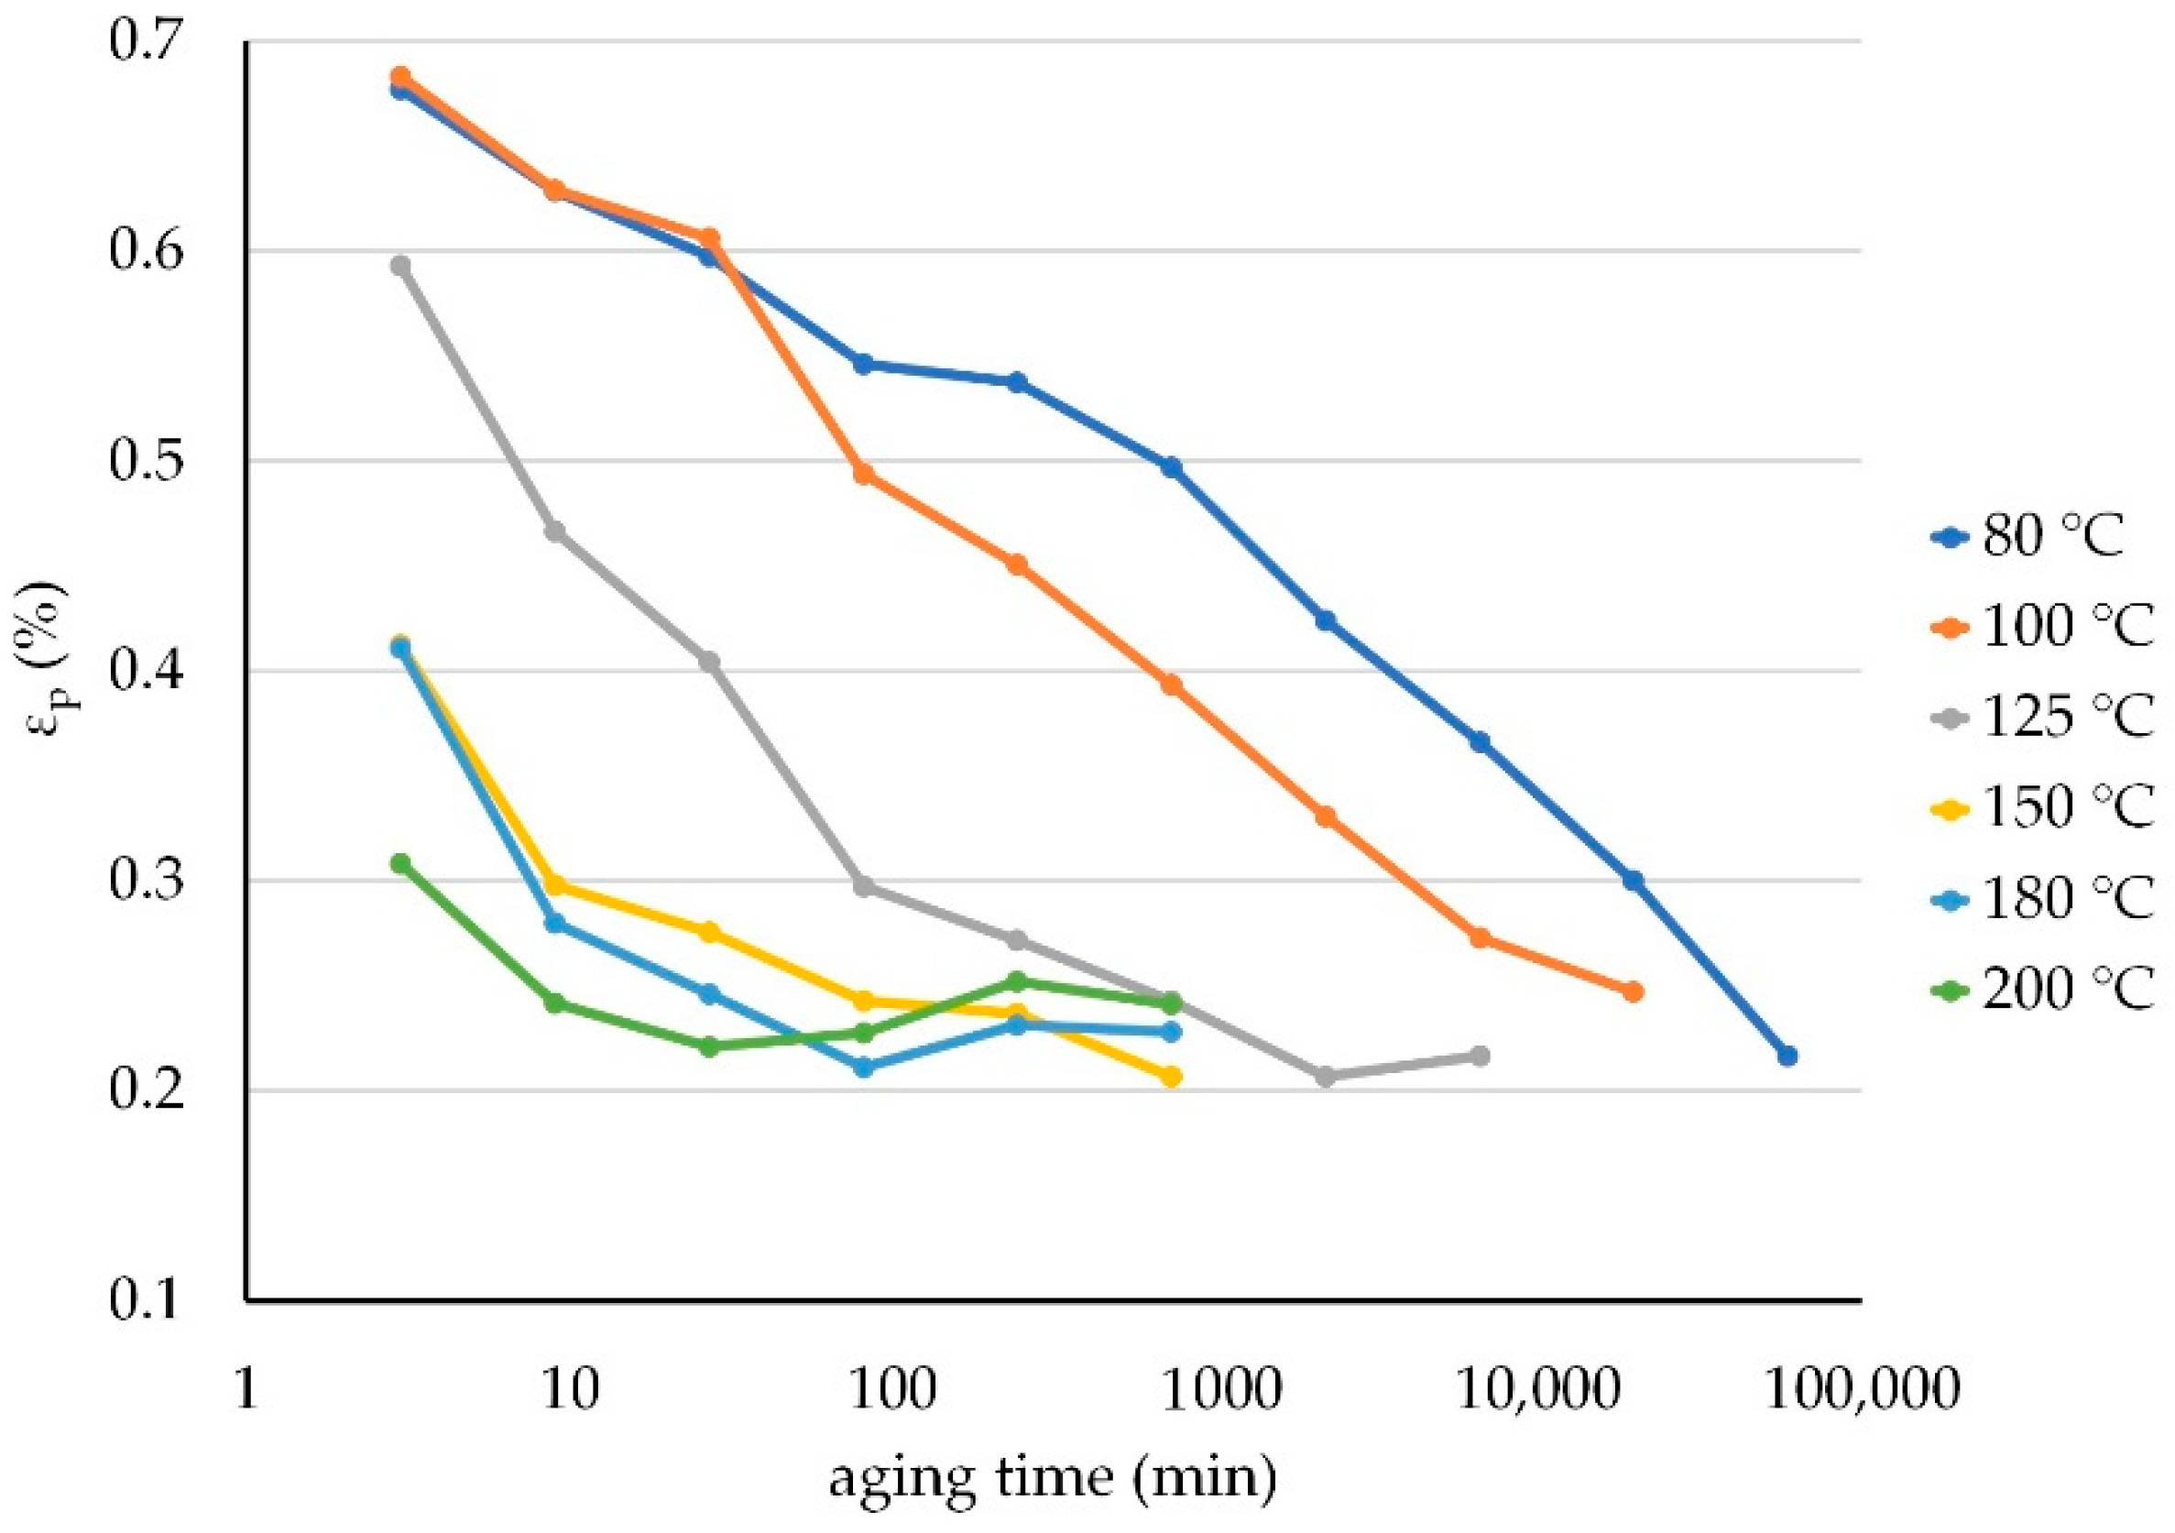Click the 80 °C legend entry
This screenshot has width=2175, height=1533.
point(2052,537)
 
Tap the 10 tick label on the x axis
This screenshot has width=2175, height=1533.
point(569,1391)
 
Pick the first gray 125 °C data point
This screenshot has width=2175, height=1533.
point(400,266)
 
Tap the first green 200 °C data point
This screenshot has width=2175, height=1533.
point(400,863)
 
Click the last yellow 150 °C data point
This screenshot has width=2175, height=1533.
point(1172,1078)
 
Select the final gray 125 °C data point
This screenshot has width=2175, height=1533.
point(1480,1056)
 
